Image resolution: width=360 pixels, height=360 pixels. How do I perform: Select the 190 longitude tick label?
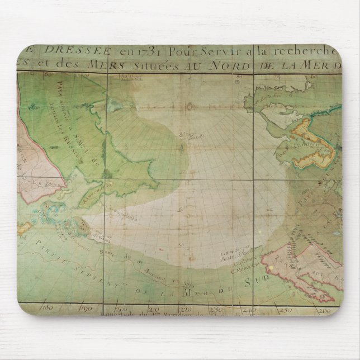[x=86, y=307]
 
